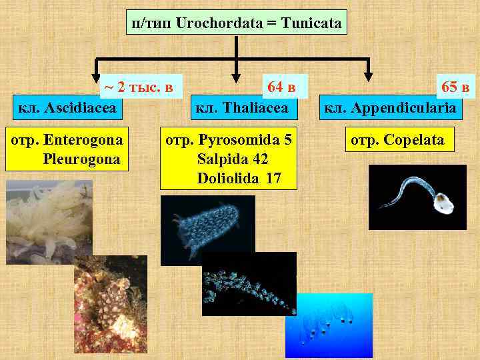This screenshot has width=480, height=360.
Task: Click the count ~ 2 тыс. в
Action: (x=138, y=86)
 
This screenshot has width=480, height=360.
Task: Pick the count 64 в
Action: (x=281, y=86)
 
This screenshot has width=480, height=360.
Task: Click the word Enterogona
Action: (x=83, y=141)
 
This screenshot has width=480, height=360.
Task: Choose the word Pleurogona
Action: (x=81, y=159)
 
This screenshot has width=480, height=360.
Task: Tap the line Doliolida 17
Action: (x=239, y=178)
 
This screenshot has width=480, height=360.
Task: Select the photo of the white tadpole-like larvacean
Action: (x=417, y=197)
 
